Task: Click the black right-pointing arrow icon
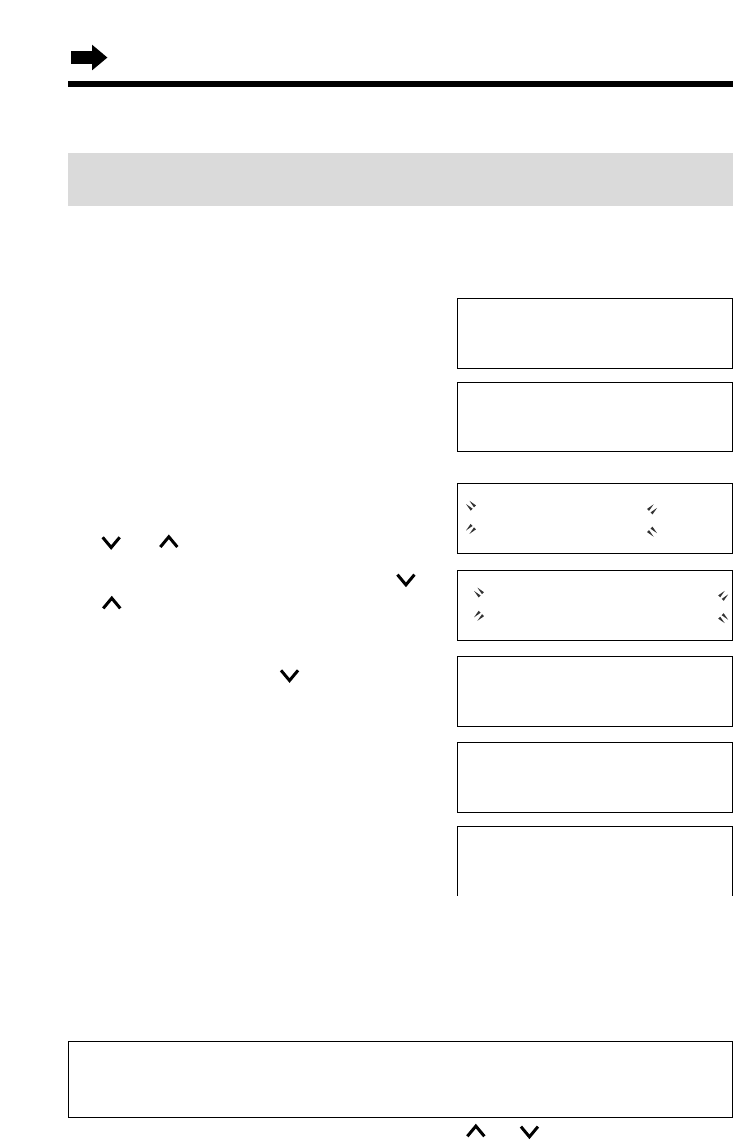tap(88, 60)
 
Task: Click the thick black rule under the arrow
tap(399, 85)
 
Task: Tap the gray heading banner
tap(399, 179)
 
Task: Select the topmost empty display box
tap(594, 333)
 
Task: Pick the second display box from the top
tap(594, 415)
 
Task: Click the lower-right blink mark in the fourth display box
tap(722, 617)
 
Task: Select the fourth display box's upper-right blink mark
tap(722, 595)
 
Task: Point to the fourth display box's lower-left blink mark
tap(479, 616)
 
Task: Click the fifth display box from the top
tap(594, 690)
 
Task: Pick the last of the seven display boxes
tap(594, 860)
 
